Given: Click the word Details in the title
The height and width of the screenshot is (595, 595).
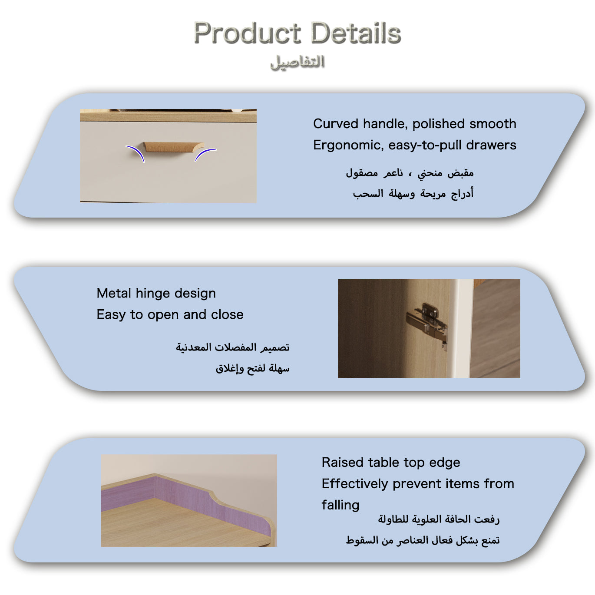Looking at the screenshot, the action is (x=356, y=33).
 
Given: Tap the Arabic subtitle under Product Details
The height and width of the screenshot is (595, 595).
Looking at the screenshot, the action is (x=297, y=63).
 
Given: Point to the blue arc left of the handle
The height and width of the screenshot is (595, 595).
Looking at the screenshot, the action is (x=137, y=152).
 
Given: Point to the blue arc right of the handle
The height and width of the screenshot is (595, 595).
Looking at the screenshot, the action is (x=204, y=154).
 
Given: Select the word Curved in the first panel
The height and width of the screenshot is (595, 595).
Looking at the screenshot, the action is (x=336, y=124).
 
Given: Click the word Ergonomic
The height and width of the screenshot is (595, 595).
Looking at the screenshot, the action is (x=348, y=145).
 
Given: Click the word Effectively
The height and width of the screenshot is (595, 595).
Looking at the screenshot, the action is (x=355, y=484).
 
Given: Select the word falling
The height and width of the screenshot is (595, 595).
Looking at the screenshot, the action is (x=340, y=505).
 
